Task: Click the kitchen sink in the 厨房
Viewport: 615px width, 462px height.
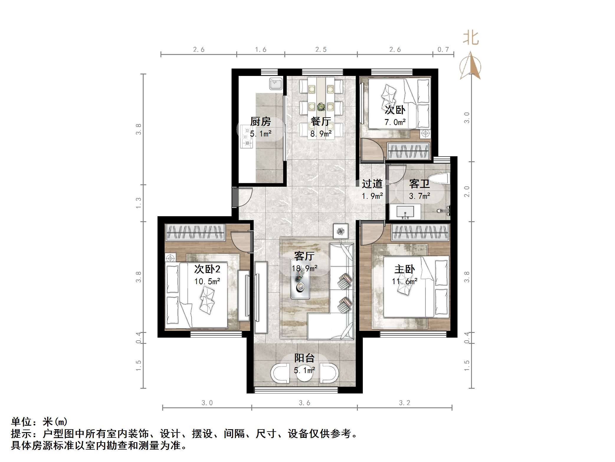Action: click(276, 84)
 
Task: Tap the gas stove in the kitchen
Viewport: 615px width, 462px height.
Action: click(247, 136)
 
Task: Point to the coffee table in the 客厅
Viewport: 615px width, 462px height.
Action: click(300, 279)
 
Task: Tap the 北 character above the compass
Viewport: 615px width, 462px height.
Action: click(470, 38)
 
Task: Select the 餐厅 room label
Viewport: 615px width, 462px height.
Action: click(321, 121)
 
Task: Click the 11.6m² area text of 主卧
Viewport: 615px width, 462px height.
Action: click(404, 281)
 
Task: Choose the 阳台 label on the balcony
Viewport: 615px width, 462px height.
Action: click(304, 358)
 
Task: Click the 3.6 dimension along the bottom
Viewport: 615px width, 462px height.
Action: click(304, 403)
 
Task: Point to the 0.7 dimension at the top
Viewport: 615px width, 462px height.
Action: click(443, 50)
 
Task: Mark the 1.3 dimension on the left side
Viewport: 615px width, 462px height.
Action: click(138, 203)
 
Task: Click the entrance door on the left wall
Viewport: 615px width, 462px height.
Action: click(242, 197)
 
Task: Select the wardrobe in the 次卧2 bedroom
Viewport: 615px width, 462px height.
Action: click(195, 232)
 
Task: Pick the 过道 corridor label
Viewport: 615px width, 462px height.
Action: click(372, 184)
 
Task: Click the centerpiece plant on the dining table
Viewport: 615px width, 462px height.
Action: click(321, 106)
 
